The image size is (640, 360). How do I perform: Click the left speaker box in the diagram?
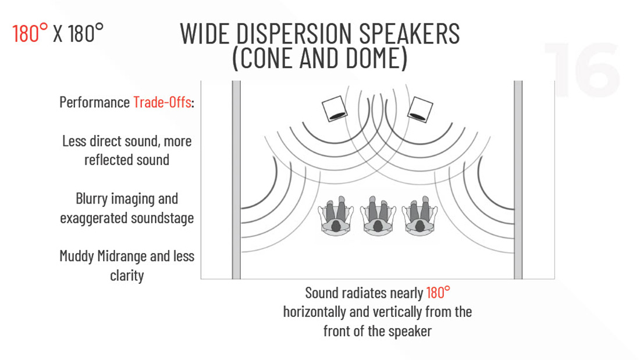click(335, 109)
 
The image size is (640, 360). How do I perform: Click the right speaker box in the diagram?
click(420, 109)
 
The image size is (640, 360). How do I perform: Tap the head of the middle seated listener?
click(378, 225)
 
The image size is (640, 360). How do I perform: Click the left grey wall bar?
click(236, 180)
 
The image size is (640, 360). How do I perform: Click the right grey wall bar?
click(518, 180)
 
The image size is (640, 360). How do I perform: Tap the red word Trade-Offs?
click(162, 102)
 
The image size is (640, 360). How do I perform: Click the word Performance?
click(95, 102)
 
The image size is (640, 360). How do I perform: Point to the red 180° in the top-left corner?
click(30, 33)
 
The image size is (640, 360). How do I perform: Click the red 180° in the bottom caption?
click(438, 293)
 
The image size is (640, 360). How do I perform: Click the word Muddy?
click(77, 256)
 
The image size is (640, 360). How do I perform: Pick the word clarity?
click(127, 276)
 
